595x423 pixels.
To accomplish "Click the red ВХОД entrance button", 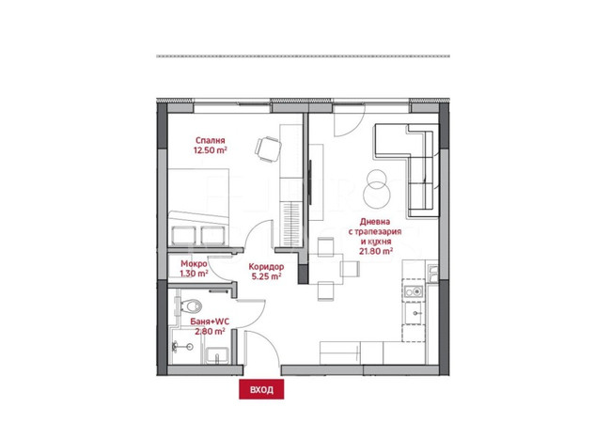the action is tap(261, 389).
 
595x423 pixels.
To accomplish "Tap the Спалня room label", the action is tap(211, 141).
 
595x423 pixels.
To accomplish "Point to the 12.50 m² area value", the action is tap(211, 150).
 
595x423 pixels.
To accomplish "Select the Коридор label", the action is tap(266, 267).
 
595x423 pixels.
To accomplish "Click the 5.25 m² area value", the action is tap(266, 276).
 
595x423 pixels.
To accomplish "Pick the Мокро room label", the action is tap(194, 263).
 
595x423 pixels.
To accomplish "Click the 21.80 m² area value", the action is tap(376, 251).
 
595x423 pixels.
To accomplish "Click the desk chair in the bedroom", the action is tap(268, 149).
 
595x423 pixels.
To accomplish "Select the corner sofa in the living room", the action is tap(405, 171).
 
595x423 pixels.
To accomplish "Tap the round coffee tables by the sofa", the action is tap(377, 188).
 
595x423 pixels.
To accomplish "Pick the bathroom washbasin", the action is tap(216, 356).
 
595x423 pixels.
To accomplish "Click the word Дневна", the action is tap(375, 222).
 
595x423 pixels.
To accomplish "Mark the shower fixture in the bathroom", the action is tap(182, 346).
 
